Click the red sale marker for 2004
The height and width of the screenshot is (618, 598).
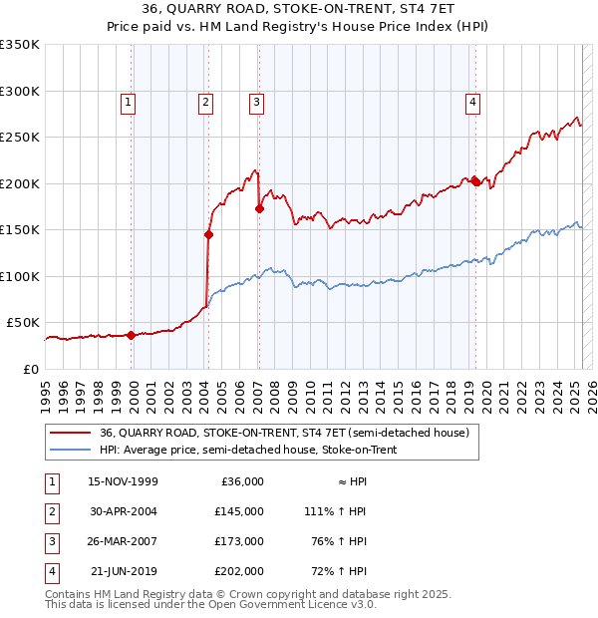[209, 235]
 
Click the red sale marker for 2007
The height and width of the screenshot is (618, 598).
[259, 209]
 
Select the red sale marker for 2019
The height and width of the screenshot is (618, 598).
[475, 181]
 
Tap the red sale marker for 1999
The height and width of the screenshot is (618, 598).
[131, 336]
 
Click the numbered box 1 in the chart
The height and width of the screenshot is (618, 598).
[129, 101]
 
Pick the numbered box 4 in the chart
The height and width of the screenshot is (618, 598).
[472, 101]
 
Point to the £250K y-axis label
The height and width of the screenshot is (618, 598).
[20, 138]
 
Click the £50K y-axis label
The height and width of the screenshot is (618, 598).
[24, 323]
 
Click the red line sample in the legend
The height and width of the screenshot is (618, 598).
[70, 433]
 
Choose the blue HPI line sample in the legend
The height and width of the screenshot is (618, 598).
[70, 451]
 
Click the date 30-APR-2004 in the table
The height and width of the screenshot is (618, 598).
[124, 511]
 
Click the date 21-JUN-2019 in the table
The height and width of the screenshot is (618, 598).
[124, 571]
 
